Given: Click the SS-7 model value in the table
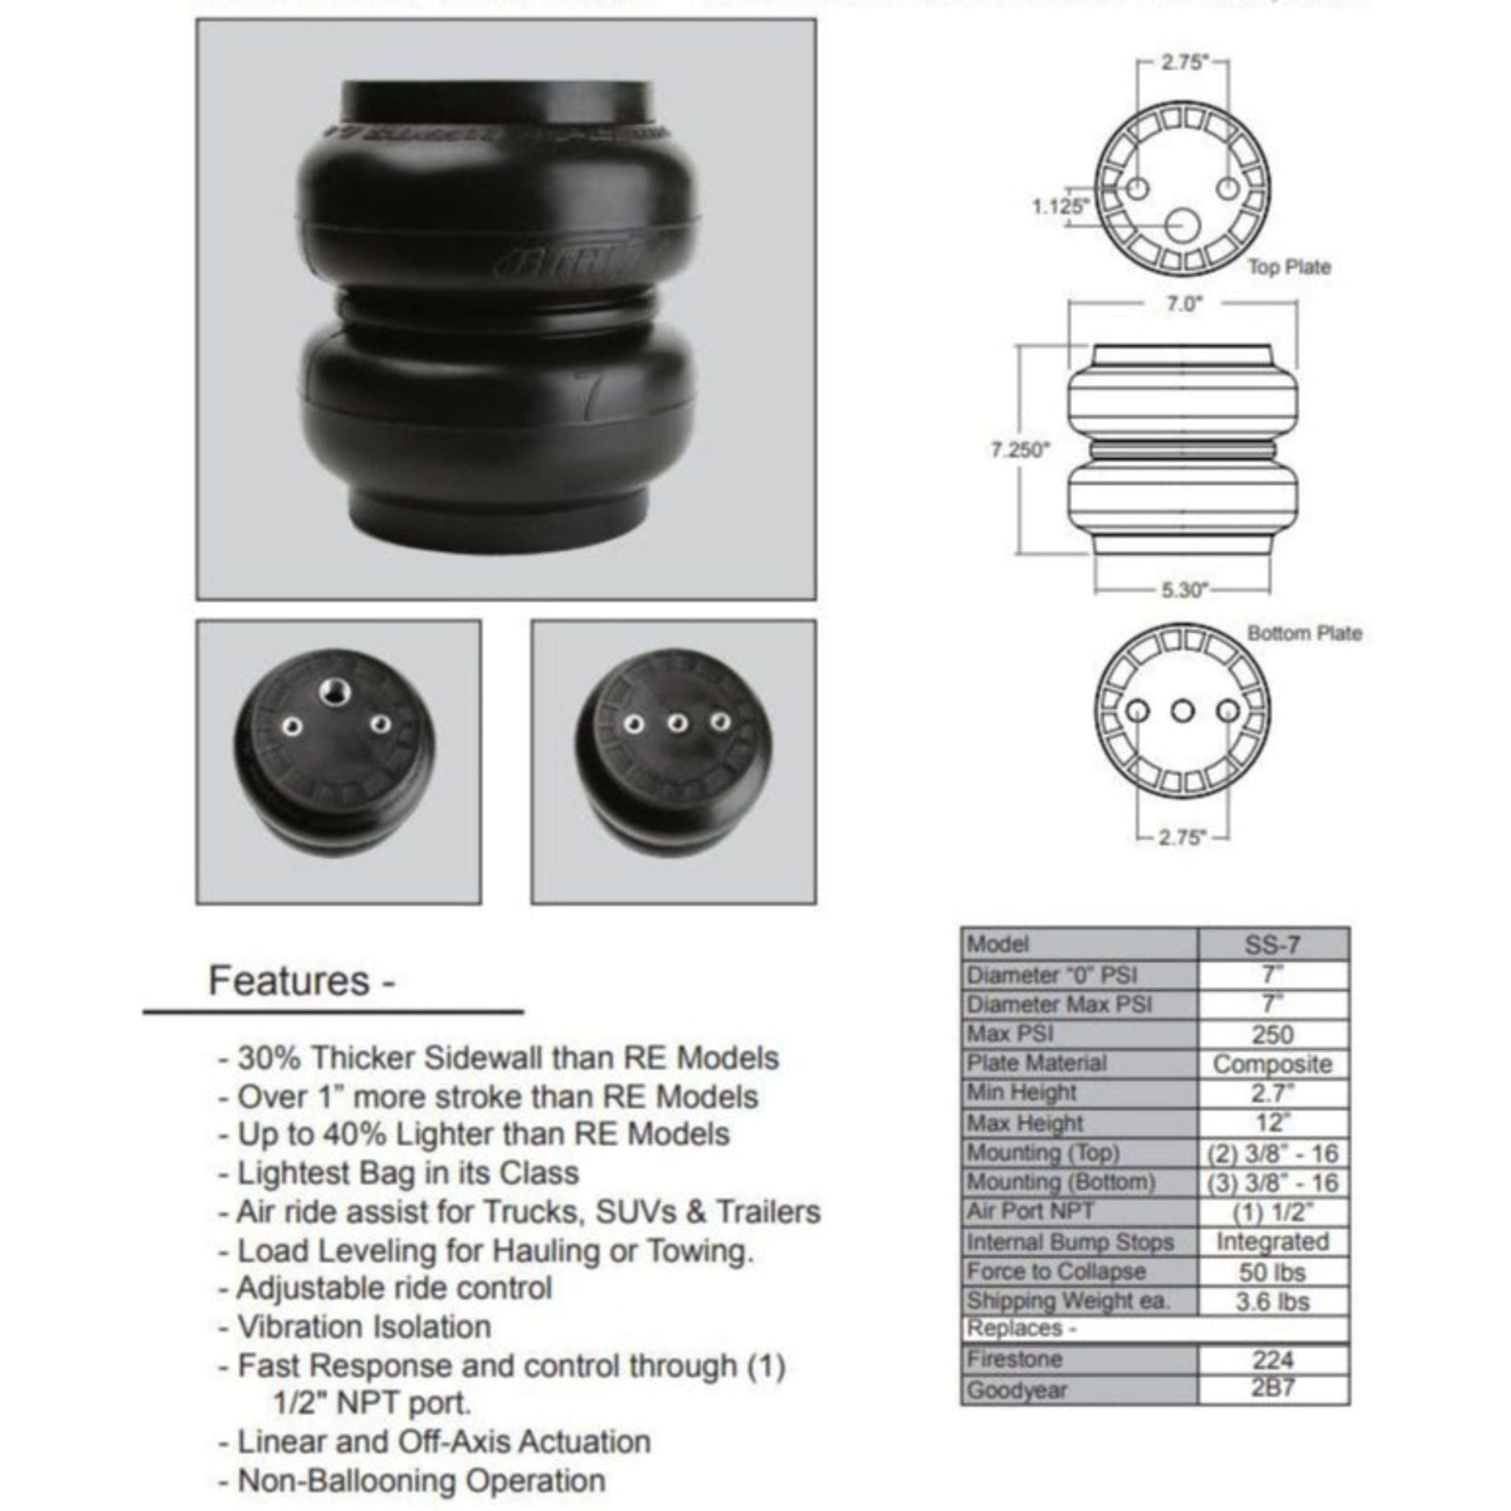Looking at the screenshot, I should pyautogui.click(x=1272, y=946).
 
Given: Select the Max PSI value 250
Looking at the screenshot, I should pyautogui.click(x=1272, y=1035).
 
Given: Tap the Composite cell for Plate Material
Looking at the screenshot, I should pyautogui.click(x=1272, y=1065).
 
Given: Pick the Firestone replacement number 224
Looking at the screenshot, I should pyautogui.click(x=1272, y=1360).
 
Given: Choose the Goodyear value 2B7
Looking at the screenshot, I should pyautogui.click(x=1272, y=1389).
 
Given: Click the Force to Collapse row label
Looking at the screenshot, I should pyautogui.click(x=1056, y=1272).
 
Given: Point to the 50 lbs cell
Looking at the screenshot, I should pyautogui.click(x=1272, y=1273).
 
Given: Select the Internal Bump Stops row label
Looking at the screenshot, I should pyautogui.click(x=1070, y=1242).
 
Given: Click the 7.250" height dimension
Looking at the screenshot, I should pyautogui.click(x=1019, y=450).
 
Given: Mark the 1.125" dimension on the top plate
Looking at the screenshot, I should pyautogui.click(x=1060, y=207).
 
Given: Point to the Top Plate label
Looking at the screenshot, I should pyautogui.click(x=1289, y=267).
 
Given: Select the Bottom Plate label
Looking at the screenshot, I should pyautogui.click(x=1304, y=633).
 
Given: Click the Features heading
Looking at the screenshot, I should pyautogui.click(x=300, y=981).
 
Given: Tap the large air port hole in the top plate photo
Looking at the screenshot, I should pyautogui.click(x=335, y=690).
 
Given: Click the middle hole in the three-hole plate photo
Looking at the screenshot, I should pyautogui.click(x=677, y=724).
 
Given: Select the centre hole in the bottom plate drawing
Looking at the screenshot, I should pyautogui.click(x=1183, y=711).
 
